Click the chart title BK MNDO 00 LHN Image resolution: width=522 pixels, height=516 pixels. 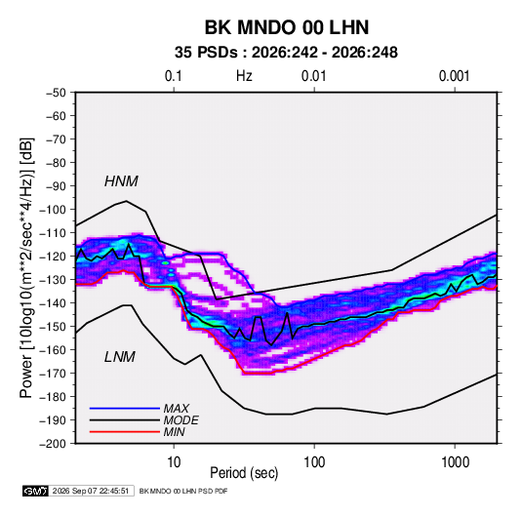pyautogui.click(x=286, y=27)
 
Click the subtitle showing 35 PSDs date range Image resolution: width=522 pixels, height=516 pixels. pyautogui.click(x=286, y=53)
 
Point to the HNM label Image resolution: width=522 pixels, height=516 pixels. pyautogui.click(x=121, y=181)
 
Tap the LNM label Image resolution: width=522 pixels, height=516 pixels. pyautogui.click(x=120, y=357)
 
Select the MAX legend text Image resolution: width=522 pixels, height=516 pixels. pyautogui.click(x=177, y=408)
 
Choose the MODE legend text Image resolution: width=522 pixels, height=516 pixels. pyautogui.click(x=181, y=420)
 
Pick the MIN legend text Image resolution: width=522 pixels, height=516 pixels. pyautogui.click(x=175, y=432)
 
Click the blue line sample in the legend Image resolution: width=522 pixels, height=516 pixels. pyautogui.click(x=125, y=408)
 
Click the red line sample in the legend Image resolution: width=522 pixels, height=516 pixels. pyautogui.click(x=125, y=432)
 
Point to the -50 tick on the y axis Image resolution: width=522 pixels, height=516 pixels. pyautogui.click(x=56, y=93)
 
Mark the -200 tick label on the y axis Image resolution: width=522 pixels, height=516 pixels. pyautogui.click(x=53, y=444)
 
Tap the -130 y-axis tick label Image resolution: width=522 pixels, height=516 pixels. pyautogui.click(x=53, y=280)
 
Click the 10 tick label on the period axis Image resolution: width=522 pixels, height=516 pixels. pyautogui.click(x=174, y=462)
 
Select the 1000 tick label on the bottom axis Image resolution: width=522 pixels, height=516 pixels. pyautogui.click(x=455, y=462)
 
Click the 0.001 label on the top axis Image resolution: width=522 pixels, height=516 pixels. pyautogui.click(x=454, y=76)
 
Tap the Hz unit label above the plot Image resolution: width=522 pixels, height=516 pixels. pyautogui.click(x=244, y=76)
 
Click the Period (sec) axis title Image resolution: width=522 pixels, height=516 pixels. pyautogui.click(x=244, y=473)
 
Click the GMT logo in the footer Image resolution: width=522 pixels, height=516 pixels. pyautogui.click(x=35, y=491)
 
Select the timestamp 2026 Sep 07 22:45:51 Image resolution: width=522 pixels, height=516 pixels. pyautogui.click(x=91, y=491)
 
